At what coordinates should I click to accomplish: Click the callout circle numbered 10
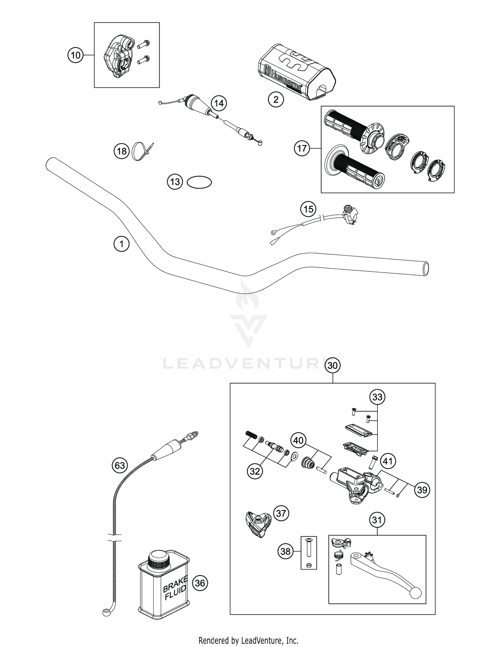tap(76, 55)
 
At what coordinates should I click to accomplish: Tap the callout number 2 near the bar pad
tap(276, 99)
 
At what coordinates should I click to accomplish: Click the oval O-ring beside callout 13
tap(199, 182)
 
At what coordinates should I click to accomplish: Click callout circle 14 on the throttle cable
tap(219, 104)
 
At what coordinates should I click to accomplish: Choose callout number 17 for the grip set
tap(302, 149)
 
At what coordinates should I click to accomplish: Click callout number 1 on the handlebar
tap(121, 244)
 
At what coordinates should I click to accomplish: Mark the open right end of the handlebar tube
tap(426, 269)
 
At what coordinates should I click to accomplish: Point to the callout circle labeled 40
tap(299, 440)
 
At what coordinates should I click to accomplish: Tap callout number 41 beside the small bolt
tap(388, 461)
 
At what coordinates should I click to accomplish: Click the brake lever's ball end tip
tap(415, 593)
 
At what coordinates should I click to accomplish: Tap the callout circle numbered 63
tap(120, 466)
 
